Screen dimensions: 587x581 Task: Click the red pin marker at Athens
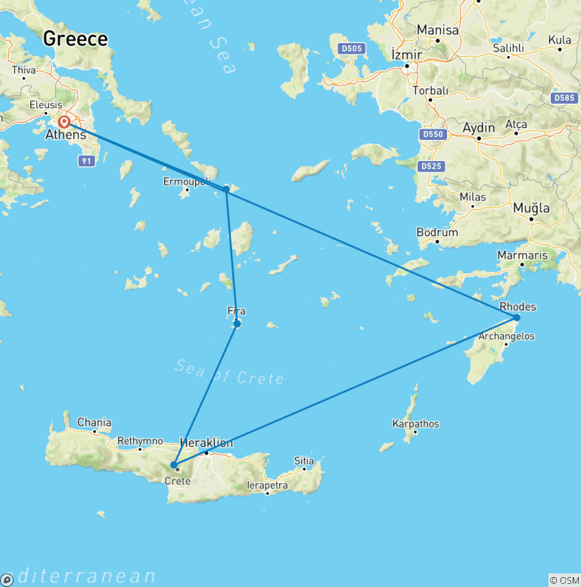click(x=64, y=122)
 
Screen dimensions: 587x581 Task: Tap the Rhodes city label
click(x=518, y=306)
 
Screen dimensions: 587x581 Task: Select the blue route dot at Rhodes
click(x=517, y=318)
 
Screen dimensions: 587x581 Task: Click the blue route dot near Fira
click(x=238, y=324)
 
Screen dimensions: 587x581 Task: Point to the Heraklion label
click(x=207, y=443)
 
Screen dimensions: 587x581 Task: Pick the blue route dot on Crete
click(x=174, y=465)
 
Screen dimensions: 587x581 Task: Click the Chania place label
click(x=94, y=422)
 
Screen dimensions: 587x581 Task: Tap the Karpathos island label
click(x=416, y=424)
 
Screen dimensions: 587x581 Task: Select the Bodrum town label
click(x=437, y=232)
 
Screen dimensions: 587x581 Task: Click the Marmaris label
click(x=522, y=255)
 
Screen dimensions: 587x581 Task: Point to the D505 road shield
click(x=352, y=49)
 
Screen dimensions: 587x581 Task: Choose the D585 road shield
click(x=565, y=98)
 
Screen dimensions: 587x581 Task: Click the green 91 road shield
click(x=87, y=160)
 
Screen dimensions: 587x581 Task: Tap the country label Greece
click(x=75, y=39)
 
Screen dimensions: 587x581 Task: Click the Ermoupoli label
click(x=185, y=181)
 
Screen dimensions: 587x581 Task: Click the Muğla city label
click(x=531, y=207)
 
